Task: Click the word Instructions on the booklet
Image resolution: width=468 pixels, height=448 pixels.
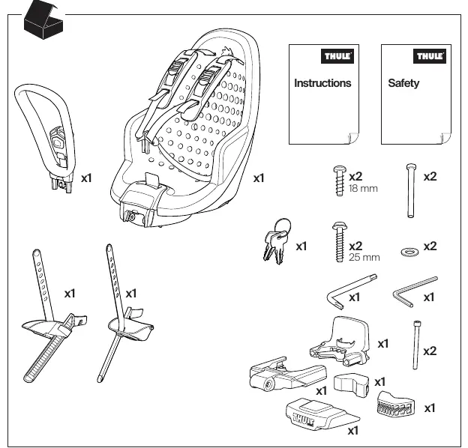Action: (322, 83)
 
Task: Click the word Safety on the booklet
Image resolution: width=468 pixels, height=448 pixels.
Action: (403, 83)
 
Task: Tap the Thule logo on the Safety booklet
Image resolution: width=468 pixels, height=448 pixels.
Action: (430, 56)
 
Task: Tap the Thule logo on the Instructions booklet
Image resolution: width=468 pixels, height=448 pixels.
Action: (337, 56)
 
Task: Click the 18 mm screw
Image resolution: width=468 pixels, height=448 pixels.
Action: (340, 181)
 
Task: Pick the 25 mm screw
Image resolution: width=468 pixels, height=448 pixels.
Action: (339, 242)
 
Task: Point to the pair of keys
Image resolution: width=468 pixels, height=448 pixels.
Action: (277, 241)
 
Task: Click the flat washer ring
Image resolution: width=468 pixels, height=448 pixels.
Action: (409, 252)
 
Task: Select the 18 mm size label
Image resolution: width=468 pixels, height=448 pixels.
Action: (363, 188)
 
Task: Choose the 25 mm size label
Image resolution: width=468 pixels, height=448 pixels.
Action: (364, 257)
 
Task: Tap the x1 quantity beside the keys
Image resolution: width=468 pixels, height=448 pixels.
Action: (301, 246)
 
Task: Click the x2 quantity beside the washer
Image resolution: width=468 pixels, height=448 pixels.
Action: (430, 246)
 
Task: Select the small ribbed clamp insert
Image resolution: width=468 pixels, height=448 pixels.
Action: (395, 404)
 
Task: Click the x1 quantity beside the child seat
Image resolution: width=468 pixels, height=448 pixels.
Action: (259, 178)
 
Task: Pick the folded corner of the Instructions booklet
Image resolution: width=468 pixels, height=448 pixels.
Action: (353, 139)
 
